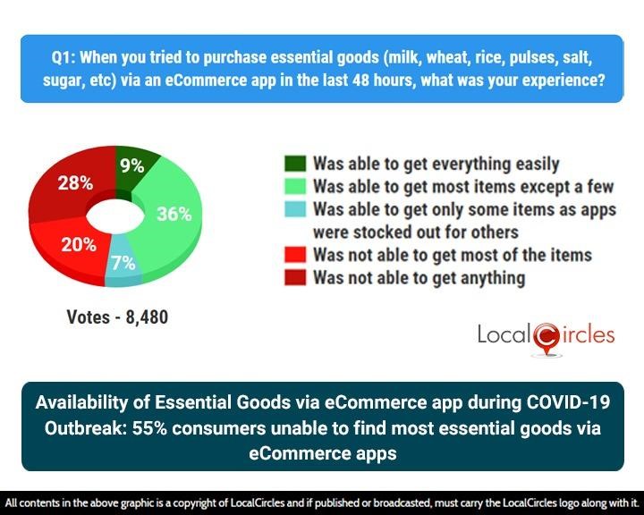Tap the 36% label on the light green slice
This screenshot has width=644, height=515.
click(x=174, y=214)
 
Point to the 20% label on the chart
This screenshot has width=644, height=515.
click(x=79, y=245)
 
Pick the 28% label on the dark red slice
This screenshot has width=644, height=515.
click(x=75, y=183)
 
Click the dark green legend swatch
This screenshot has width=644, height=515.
click(x=295, y=164)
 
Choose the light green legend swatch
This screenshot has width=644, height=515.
click(x=295, y=187)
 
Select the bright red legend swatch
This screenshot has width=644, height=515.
click(x=295, y=255)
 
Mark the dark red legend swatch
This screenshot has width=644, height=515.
click(x=295, y=277)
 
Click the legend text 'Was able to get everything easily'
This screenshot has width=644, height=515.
click(x=436, y=164)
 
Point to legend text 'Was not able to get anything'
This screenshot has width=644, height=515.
click(x=419, y=277)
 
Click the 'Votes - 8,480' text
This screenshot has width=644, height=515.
click(x=117, y=317)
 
